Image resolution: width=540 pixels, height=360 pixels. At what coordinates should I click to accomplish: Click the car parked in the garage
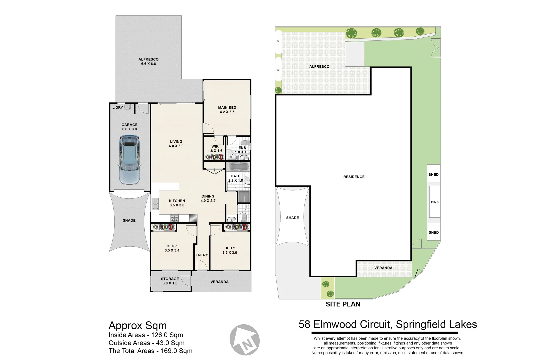pos(129,160)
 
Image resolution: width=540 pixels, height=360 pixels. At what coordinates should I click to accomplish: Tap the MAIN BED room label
pos(227,110)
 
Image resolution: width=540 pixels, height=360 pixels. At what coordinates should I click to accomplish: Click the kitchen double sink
pos(155,204)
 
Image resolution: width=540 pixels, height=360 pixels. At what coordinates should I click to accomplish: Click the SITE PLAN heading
pos(343,304)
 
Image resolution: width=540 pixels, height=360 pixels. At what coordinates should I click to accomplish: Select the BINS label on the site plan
pos(435,202)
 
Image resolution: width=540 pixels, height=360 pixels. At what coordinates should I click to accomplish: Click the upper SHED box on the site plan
pos(434,174)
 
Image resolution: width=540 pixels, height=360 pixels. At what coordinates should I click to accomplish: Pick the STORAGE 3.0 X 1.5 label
pos(170,281)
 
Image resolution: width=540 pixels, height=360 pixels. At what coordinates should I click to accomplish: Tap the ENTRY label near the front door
pos(202,255)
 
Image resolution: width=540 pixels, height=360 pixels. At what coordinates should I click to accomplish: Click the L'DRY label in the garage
pos(117,107)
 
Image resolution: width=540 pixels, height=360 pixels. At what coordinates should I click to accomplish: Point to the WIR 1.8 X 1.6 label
pos(215,149)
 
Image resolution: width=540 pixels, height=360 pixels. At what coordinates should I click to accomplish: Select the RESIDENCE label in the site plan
pos(354,177)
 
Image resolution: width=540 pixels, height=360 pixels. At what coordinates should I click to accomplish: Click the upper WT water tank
pos(278,41)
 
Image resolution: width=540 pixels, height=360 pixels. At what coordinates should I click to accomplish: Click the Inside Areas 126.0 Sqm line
pos(146,335)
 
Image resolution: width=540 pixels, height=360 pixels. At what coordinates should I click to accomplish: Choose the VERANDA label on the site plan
pos(383,268)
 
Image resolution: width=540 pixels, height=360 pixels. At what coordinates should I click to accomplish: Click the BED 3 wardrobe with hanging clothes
pos(163,227)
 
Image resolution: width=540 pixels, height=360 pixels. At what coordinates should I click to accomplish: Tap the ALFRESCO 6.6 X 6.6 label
pos(148,61)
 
